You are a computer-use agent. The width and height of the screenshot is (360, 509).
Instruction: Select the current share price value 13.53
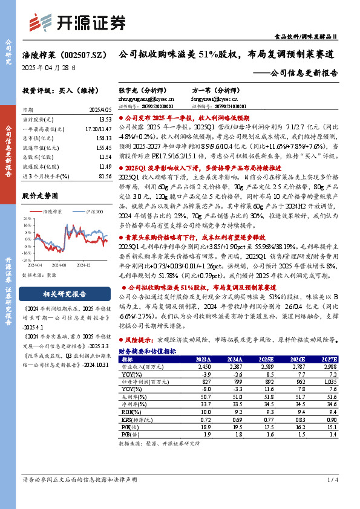coord(104,120)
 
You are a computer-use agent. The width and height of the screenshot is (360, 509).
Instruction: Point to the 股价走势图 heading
coord(40,196)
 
